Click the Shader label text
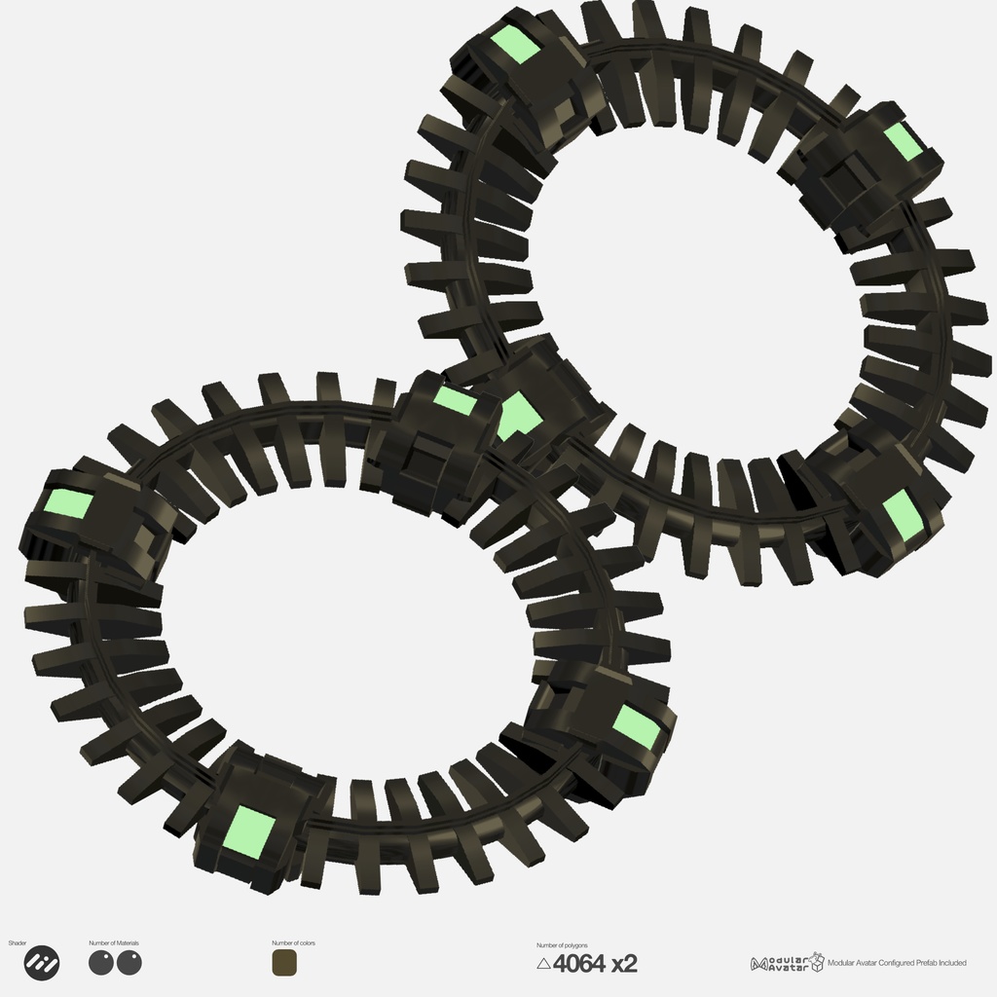click(18, 943)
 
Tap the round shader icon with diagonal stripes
click(41, 963)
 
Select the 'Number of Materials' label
click(114, 943)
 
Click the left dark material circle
click(101, 963)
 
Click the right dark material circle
click(129, 963)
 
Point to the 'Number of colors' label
click(293, 943)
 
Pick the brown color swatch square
click(285, 963)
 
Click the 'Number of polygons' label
click(562, 945)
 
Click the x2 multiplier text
click(624, 964)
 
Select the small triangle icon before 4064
click(543, 964)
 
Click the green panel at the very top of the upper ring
click(515, 45)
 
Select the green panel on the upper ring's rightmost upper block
click(903, 141)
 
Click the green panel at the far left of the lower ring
click(69, 504)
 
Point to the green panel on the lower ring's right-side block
click(637, 726)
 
